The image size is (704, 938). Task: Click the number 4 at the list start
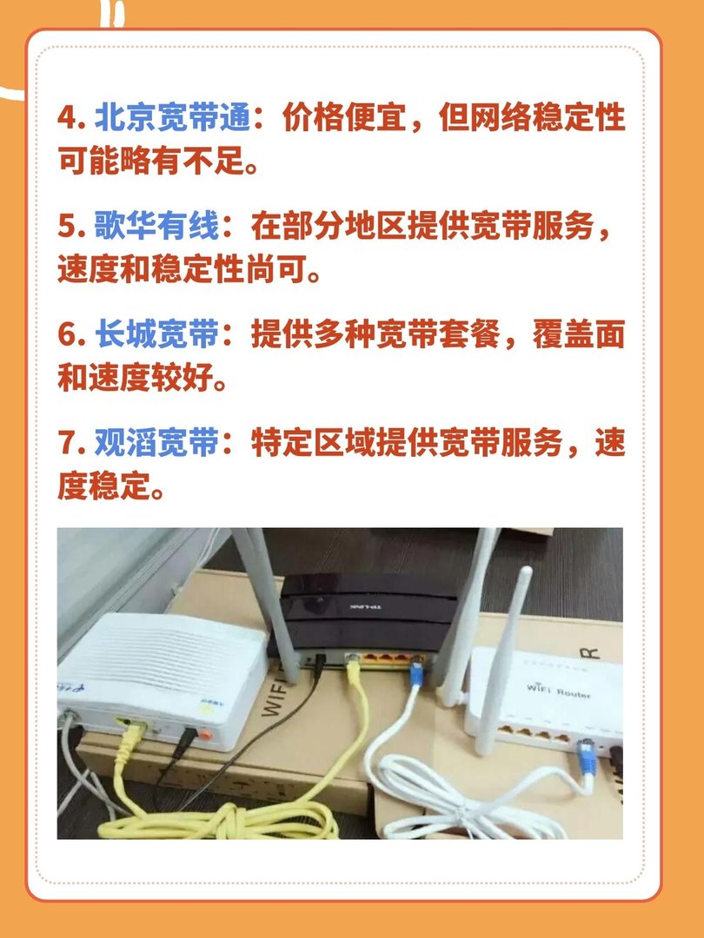pos(67,118)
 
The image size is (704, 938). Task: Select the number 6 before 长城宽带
pos(67,334)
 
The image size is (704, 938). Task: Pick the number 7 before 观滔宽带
pos(67,444)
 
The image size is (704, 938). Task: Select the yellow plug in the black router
pos(353,667)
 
